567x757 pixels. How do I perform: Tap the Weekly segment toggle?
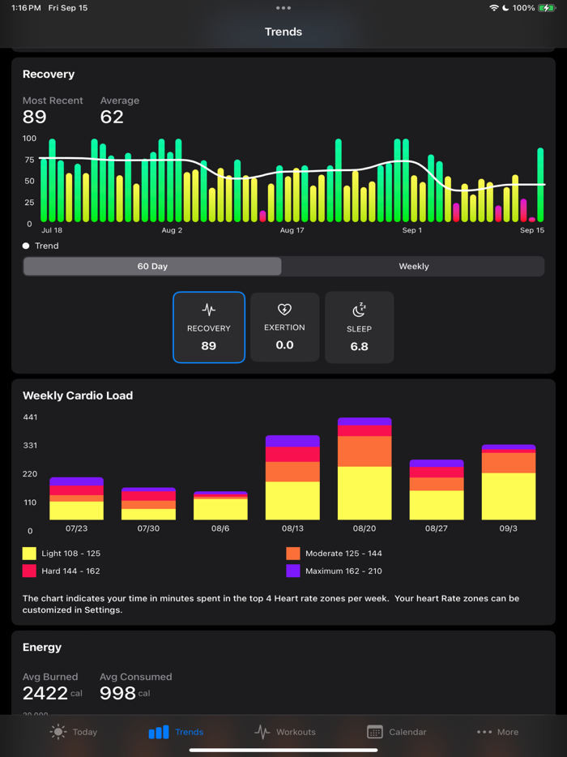[x=413, y=267]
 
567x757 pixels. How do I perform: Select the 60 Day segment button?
[x=152, y=267]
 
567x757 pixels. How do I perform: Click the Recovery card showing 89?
[x=209, y=327]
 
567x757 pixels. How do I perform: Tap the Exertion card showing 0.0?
[x=284, y=327]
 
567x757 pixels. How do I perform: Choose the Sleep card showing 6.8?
[x=359, y=327]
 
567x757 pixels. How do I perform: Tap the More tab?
[x=497, y=732]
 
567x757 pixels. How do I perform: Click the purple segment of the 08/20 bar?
[x=364, y=421]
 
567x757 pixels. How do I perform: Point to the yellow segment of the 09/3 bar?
[x=509, y=496]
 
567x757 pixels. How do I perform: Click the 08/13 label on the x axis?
[x=292, y=528]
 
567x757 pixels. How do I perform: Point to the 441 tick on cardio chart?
[x=30, y=417]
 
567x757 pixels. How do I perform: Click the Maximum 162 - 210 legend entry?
[x=334, y=571]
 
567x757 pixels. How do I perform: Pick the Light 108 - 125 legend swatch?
[x=29, y=554]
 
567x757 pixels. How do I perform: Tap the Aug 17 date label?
[x=292, y=231]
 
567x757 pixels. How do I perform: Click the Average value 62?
[x=112, y=118]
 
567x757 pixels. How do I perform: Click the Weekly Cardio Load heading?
[x=78, y=396]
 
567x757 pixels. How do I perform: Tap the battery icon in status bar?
[x=548, y=7]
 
